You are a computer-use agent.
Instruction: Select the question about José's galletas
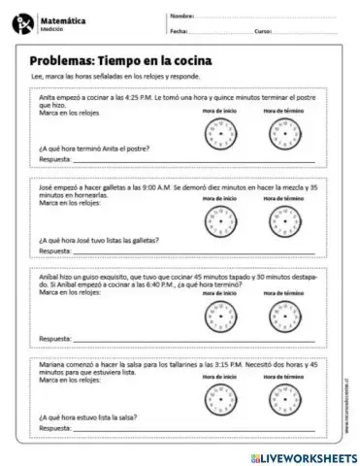point(99,239)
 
